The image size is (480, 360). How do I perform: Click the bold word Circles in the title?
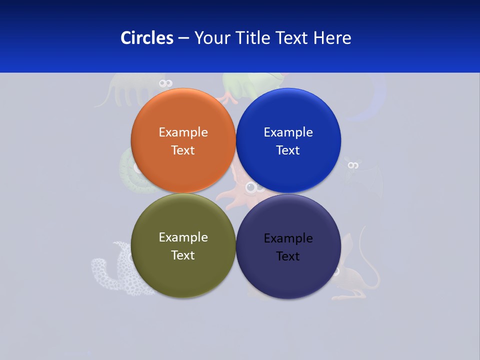tap(147, 38)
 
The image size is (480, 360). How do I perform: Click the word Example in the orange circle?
tap(183, 132)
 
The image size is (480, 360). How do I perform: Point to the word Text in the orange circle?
tap(183, 150)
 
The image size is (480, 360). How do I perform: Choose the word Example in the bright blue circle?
tap(288, 132)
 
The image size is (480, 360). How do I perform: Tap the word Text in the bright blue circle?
tap(288, 150)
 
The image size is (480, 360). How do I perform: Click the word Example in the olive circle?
tap(183, 237)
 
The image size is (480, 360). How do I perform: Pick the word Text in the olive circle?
tap(183, 255)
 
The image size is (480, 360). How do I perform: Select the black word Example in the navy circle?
tap(288, 238)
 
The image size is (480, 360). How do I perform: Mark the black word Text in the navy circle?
tap(288, 256)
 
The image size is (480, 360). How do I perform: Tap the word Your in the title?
tap(213, 38)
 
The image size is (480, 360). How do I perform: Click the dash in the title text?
tap(183, 38)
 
